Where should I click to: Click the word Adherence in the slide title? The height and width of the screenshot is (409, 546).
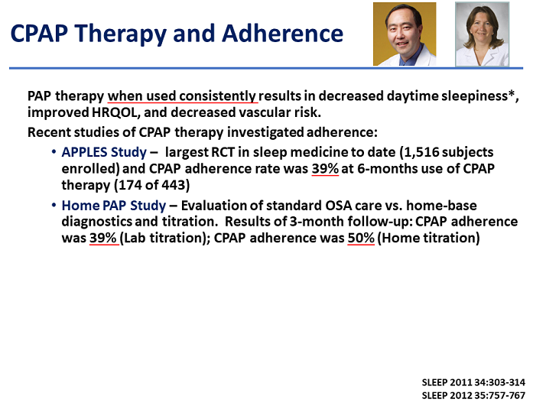[x=282, y=34]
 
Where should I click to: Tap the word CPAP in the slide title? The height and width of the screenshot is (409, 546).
[x=39, y=34]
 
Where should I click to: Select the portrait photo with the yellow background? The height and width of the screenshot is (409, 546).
[x=405, y=34]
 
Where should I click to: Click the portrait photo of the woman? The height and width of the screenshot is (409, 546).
[x=483, y=34]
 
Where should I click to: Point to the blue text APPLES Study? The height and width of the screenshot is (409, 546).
[x=104, y=152]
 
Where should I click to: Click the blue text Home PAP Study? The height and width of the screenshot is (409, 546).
[x=114, y=206]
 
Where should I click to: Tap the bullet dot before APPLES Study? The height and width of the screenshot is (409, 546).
[x=54, y=152]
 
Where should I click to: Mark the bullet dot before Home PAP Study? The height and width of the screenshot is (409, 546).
[x=54, y=205]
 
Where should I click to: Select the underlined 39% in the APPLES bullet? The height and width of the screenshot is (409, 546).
[x=325, y=168]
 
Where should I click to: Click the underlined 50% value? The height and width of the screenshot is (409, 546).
[x=361, y=238]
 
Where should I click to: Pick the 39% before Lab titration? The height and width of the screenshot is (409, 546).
[x=103, y=238]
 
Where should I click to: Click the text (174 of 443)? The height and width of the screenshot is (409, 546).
[x=152, y=185]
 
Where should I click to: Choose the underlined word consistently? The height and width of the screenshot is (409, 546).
[x=218, y=96]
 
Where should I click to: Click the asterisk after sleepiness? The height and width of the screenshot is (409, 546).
[x=511, y=94]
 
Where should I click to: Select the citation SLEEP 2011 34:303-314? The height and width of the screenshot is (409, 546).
[x=473, y=382]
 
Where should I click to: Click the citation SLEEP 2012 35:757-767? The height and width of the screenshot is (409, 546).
[x=473, y=396]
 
